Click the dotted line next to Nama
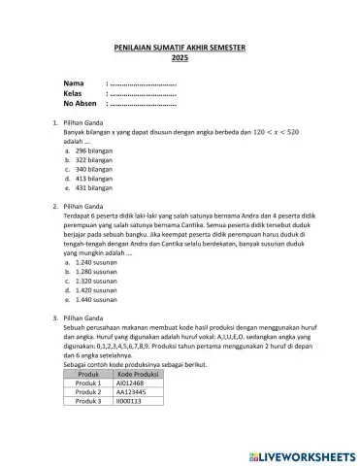143,84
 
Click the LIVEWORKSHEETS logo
301,453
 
